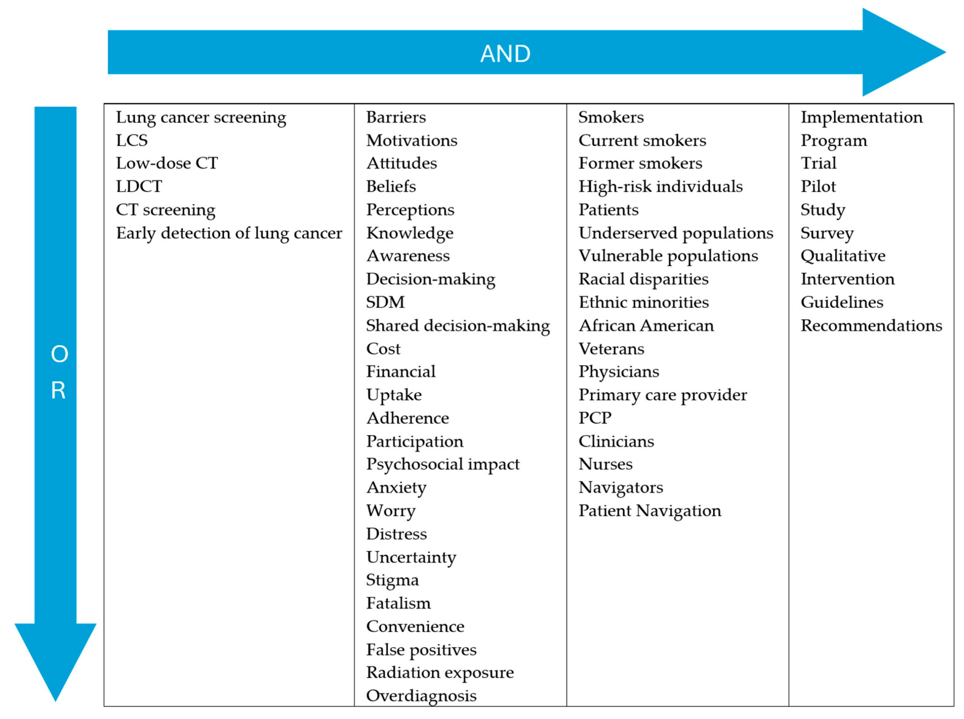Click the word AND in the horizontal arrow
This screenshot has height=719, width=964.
pyautogui.click(x=505, y=54)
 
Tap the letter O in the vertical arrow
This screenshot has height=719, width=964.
pyautogui.click(x=59, y=354)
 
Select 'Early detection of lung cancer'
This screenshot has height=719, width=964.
pyautogui.click(x=229, y=233)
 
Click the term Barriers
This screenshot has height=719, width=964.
pyautogui.click(x=396, y=117)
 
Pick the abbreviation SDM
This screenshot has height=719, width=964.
pyautogui.click(x=385, y=302)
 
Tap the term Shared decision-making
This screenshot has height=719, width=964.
pyautogui.click(x=458, y=326)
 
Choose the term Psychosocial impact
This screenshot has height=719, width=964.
pyautogui.click(x=443, y=464)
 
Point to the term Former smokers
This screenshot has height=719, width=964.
pyautogui.click(x=640, y=164)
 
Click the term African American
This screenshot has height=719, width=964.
pyautogui.click(x=646, y=326)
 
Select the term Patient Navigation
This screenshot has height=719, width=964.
pyautogui.click(x=649, y=511)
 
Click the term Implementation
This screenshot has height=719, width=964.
pyautogui.click(x=861, y=117)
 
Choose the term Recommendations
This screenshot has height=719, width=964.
pyautogui.click(x=871, y=326)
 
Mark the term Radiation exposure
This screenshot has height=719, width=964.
pyautogui.click(x=439, y=673)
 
